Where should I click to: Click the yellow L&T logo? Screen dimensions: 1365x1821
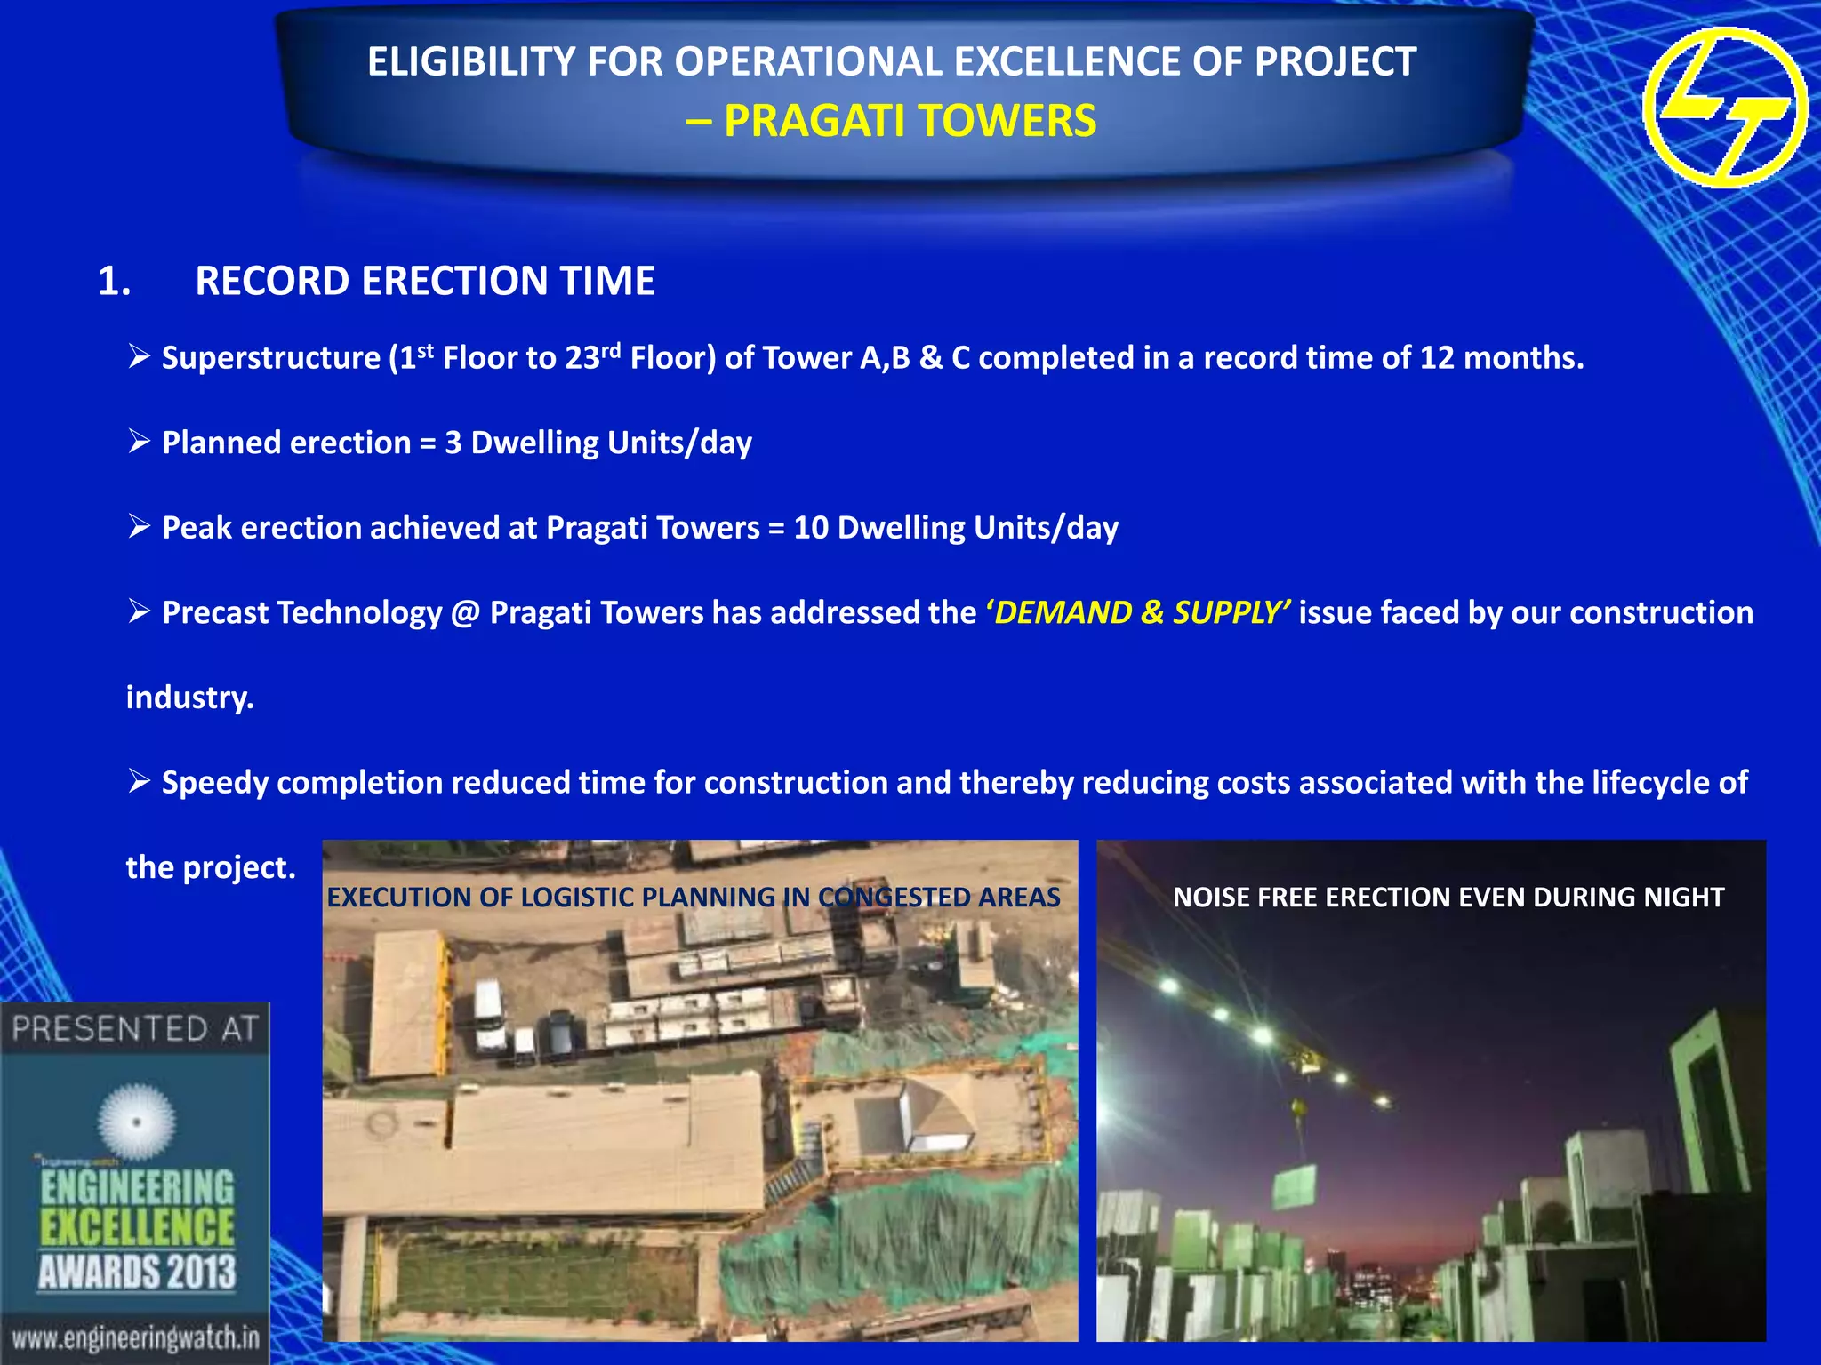pos(1724,107)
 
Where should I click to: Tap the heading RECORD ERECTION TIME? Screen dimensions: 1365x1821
pos(425,281)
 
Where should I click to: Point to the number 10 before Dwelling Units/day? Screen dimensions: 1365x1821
pos(810,528)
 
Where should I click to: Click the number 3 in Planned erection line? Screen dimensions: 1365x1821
pos(453,443)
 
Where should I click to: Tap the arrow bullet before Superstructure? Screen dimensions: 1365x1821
pos(139,356)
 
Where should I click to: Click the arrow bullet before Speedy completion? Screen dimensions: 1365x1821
pos(139,781)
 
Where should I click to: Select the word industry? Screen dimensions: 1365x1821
pos(189,698)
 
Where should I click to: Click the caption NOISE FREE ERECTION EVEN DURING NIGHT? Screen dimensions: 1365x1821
pos(1448,898)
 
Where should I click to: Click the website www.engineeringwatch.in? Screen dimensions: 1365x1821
pos(135,1337)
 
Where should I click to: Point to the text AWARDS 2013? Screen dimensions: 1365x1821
pos(137,1272)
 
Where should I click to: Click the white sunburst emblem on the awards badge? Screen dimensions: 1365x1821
pos(136,1122)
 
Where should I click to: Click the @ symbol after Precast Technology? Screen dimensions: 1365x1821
pos(465,613)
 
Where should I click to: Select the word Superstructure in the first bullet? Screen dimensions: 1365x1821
pos(271,358)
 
